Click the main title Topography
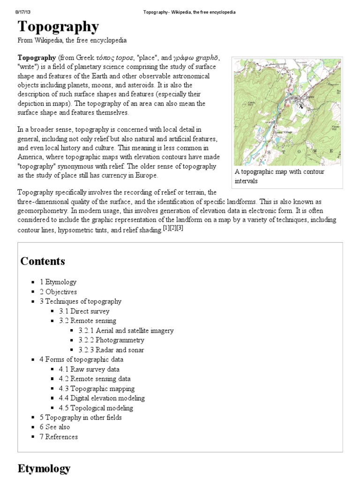pyautogui.click(x=58, y=27)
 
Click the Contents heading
pyautogui.click(x=43, y=261)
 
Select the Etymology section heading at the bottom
pyautogui.click(x=44, y=468)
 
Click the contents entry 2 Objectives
pyautogui.click(x=58, y=292)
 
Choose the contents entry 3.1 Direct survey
pyautogui.click(x=84, y=311)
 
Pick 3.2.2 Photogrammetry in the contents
pyautogui.click(x=111, y=340)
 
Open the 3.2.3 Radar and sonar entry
pyautogui.click(x=111, y=350)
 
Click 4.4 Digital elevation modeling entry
pyautogui.click(x=102, y=398)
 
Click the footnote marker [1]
pyautogui.click(x=165, y=228)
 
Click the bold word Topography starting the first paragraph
pyautogui.click(x=37, y=57)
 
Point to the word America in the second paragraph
pyautogui.click(x=31, y=157)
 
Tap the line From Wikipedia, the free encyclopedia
pyautogui.click(x=72, y=41)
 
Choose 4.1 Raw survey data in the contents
pyautogui.click(x=92, y=369)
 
